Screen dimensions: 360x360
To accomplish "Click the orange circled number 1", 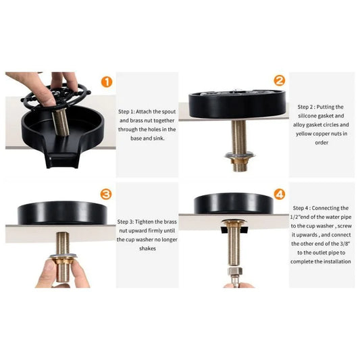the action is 107,82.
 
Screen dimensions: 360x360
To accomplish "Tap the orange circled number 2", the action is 279,80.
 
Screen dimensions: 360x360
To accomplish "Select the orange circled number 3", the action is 106,195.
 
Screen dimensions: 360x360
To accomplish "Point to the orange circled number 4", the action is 280,195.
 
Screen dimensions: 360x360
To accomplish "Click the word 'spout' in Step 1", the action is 169,112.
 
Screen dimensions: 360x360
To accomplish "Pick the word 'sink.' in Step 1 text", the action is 159,138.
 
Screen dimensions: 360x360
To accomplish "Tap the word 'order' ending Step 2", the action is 322,143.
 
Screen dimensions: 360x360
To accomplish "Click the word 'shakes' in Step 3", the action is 147,249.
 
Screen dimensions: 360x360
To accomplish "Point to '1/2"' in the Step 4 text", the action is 295,217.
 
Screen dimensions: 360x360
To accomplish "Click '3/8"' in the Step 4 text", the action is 345,244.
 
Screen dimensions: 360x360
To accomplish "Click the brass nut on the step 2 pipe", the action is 240,161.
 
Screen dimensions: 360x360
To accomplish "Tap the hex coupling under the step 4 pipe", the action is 234,271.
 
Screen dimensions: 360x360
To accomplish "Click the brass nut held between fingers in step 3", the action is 63,261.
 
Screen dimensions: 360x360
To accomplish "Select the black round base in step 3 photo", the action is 62,213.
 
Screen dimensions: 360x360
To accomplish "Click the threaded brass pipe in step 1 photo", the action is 60,122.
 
